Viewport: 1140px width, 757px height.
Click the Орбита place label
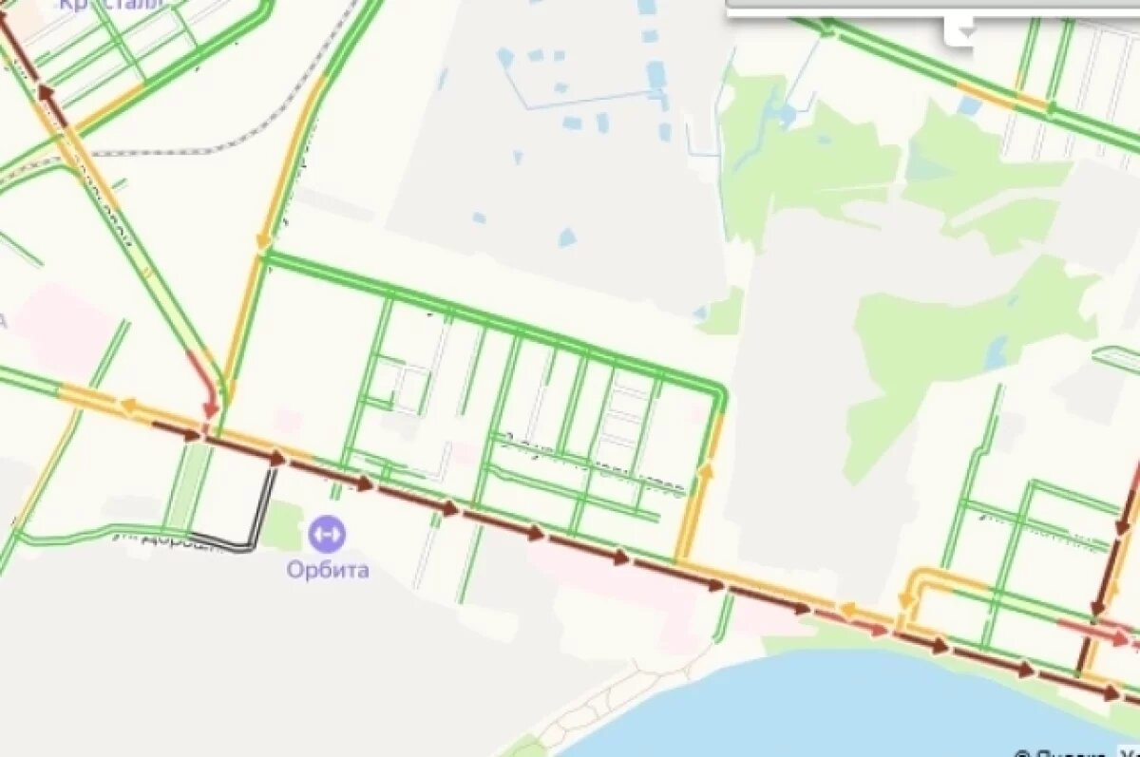point(328,571)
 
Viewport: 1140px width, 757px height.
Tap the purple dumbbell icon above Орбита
point(328,534)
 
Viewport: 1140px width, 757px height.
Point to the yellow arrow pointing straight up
point(706,468)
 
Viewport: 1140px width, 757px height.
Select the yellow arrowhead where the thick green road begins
point(262,251)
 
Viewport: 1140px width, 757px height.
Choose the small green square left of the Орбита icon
point(281,525)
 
